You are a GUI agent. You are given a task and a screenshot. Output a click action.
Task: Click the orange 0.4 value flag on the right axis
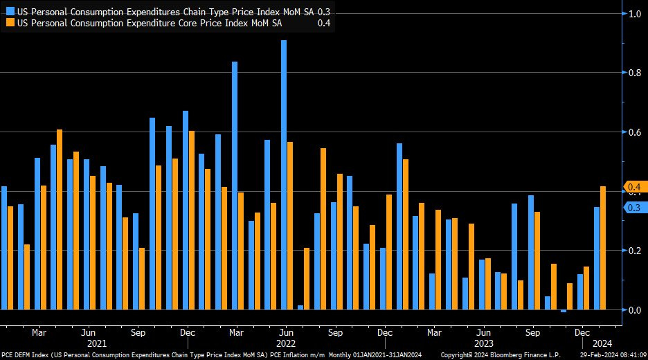633,187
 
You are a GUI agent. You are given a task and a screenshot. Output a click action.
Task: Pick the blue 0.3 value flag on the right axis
633,208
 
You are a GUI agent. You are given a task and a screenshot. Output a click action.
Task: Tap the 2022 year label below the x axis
287,343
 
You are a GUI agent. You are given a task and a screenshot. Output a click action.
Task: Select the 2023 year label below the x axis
484,343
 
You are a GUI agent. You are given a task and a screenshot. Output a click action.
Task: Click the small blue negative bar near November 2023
564,311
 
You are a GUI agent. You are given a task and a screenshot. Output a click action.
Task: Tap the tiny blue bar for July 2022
300,307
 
